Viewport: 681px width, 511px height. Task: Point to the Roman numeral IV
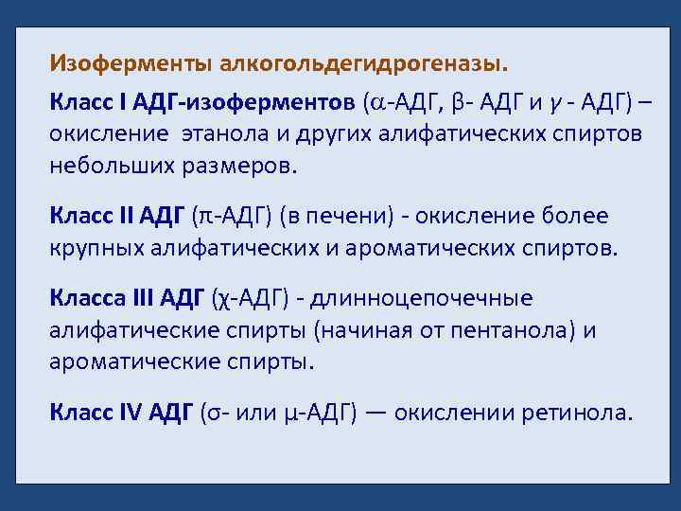click(x=126, y=414)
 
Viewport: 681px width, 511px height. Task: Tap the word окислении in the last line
click(x=453, y=414)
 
